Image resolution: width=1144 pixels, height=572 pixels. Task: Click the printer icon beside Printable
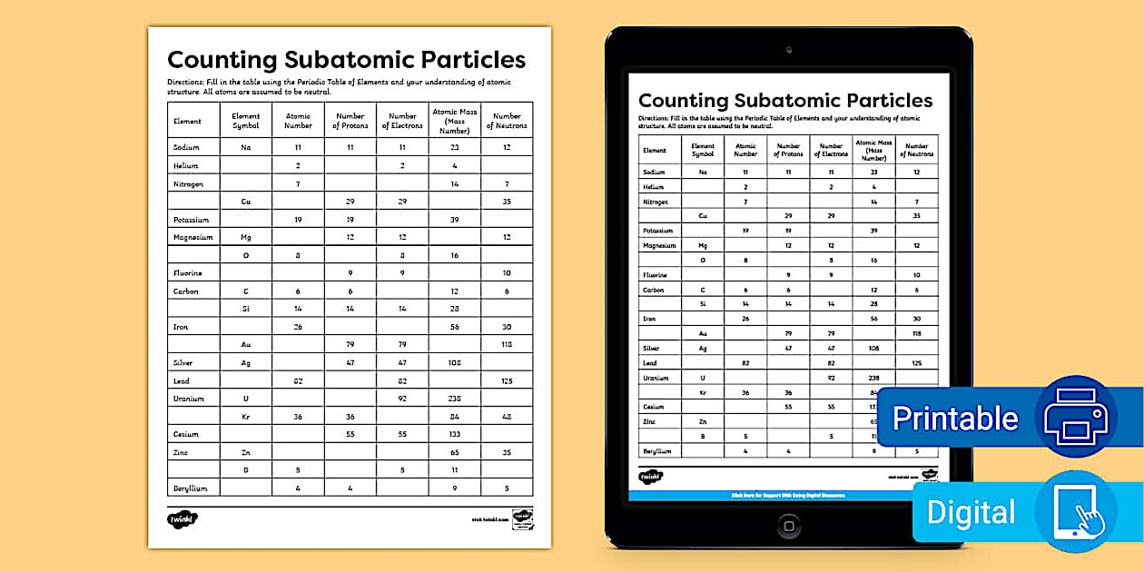point(1075,417)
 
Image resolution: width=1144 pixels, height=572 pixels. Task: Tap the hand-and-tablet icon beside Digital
point(1075,511)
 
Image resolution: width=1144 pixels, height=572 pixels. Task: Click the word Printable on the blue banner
point(955,419)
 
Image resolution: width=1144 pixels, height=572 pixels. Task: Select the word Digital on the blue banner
point(971,512)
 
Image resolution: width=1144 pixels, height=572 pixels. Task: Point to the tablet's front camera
point(788,49)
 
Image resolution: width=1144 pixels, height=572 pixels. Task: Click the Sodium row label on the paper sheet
point(186,147)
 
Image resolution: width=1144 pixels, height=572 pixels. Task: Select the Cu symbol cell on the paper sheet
point(245,202)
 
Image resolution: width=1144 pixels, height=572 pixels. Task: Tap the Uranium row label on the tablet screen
point(656,378)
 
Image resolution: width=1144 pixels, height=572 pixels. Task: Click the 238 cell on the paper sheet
point(455,399)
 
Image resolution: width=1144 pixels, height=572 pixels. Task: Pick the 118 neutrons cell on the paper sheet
point(507,345)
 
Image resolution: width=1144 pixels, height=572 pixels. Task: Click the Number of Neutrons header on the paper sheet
point(507,121)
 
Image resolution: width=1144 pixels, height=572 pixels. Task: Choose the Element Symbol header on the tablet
point(703,150)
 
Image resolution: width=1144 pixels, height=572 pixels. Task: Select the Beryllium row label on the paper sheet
point(191,488)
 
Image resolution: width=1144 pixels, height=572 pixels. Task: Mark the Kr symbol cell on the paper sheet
point(245,417)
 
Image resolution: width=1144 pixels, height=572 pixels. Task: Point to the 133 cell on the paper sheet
point(455,435)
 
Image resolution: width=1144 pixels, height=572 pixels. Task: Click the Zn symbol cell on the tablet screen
point(703,422)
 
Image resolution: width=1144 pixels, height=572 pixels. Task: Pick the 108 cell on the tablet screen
point(873,349)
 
